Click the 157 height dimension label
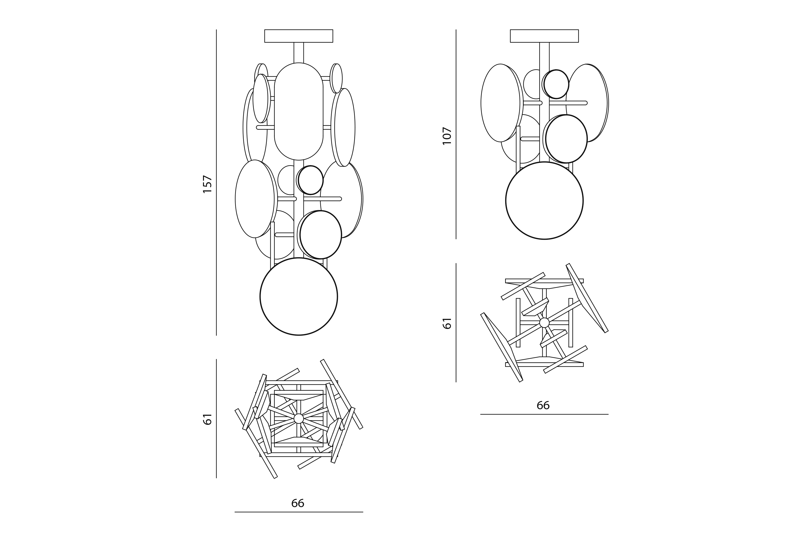coord(207,184)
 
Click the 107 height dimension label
coord(447,136)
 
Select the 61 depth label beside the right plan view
coord(447,323)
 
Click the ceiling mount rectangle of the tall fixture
coord(299,36)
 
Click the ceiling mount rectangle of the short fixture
coord(544,36)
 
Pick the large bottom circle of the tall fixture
coord(299,297)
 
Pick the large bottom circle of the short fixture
coord(544,200)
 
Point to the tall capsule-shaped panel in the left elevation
coord(299,111)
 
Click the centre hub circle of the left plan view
coord(299,419)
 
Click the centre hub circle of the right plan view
coord(544,322)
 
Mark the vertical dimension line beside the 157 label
coord(216,182)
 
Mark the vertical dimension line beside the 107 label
coord(456,134)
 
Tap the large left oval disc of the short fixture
coord(500,103)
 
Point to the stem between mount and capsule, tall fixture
coord(299,52)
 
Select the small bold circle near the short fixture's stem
coord(556,84)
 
